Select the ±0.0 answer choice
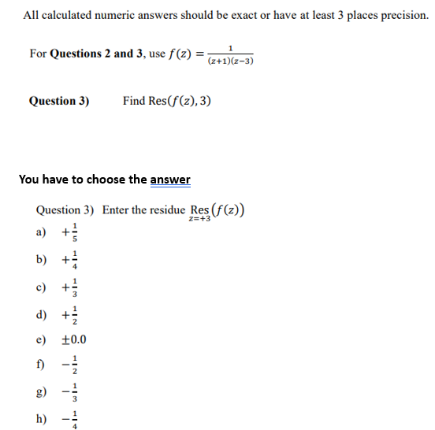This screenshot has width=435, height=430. click(73, 340)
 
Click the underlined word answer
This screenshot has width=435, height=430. click(170, 180)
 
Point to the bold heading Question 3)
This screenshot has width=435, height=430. click(59, 101)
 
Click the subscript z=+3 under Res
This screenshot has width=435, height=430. click(200, 220)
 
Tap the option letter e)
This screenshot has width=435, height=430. click(43, 340)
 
